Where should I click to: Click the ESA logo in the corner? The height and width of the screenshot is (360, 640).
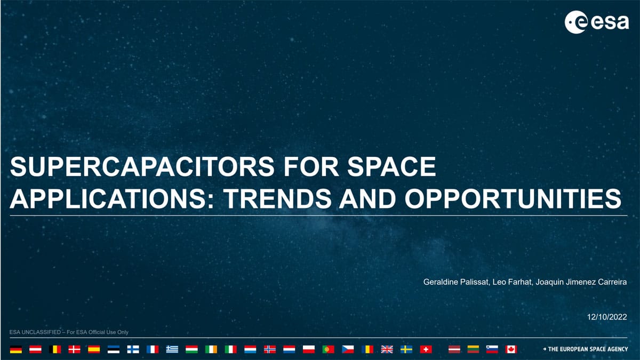tap(597, 22)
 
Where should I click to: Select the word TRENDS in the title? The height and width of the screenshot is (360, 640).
tap(277, 198)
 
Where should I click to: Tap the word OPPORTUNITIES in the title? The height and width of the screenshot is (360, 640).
tap(513, 198)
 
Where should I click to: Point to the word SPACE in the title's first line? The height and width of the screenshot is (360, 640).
tap(391, 166)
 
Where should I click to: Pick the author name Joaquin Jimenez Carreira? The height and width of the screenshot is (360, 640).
tap(581, 282)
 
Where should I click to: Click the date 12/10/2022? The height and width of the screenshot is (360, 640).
tap(607, 317)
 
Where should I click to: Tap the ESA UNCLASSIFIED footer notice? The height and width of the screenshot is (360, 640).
tap(69, 332)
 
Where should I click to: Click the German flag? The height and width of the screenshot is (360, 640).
tap(15, 349)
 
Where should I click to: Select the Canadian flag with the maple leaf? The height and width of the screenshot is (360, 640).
tap(511, 349)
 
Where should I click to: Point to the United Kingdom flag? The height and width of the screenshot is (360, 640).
tap(387, 349)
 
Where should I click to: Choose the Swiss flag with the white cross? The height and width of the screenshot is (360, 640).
tap(426, 349)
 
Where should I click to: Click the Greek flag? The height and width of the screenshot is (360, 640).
tap(172, 349)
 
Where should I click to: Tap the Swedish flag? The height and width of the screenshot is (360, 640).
tap(406, 349)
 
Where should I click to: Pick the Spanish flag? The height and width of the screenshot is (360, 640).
tap(94, 349)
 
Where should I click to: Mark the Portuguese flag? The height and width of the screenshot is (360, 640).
tap(329, 349)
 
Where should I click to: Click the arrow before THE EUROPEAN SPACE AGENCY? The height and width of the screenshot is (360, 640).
tap(545, 349)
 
